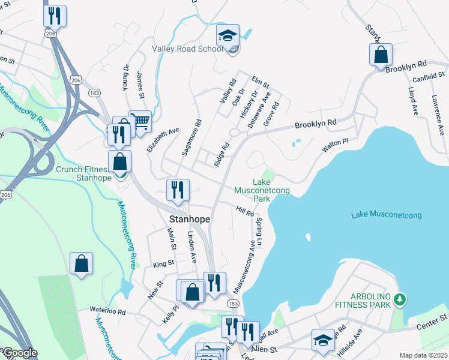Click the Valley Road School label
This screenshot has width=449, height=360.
187,49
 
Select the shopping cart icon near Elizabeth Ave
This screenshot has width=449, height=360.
140,122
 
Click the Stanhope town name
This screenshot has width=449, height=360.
190,220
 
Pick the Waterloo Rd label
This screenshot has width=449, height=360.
107,311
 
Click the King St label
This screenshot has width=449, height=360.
163,263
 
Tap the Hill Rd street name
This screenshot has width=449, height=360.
245,211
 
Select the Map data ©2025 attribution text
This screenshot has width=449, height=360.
423,355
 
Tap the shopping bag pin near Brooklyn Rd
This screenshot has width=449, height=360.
381,55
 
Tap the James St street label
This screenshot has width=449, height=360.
141,85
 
